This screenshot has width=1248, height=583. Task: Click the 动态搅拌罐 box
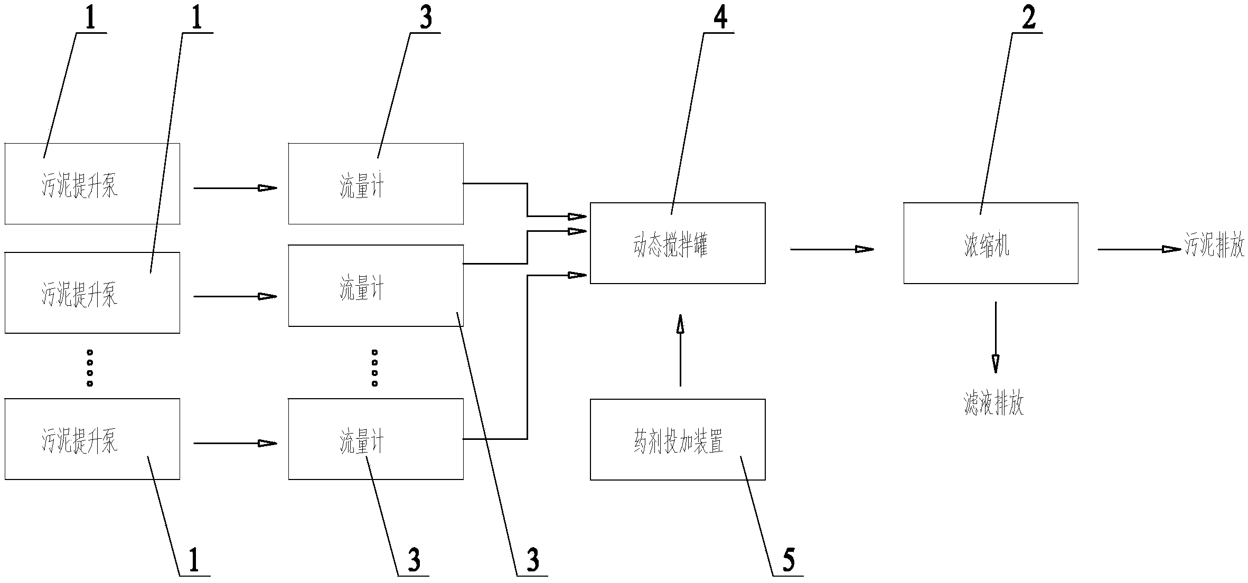[677, 243]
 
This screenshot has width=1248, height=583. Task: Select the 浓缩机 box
[990, 243]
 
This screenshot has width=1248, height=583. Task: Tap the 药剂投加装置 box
[677, 439]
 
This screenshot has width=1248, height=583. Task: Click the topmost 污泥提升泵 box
[92, 184]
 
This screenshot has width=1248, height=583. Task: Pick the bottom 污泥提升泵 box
[92, 439]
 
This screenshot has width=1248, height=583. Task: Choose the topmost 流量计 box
[376, 184]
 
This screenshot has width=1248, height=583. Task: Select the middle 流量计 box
[376, 286]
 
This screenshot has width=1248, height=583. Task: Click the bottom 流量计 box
[376, 439]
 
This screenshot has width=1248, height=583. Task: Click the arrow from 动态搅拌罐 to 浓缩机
[831, 249]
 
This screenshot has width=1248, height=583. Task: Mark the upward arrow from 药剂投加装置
[680, 350]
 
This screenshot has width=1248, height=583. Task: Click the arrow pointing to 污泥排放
[1139, 249]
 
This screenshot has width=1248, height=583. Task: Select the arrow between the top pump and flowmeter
[235, 187]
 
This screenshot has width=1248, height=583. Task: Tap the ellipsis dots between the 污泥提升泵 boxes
[90, 368]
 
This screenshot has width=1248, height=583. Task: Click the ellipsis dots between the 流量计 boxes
[374, 368]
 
